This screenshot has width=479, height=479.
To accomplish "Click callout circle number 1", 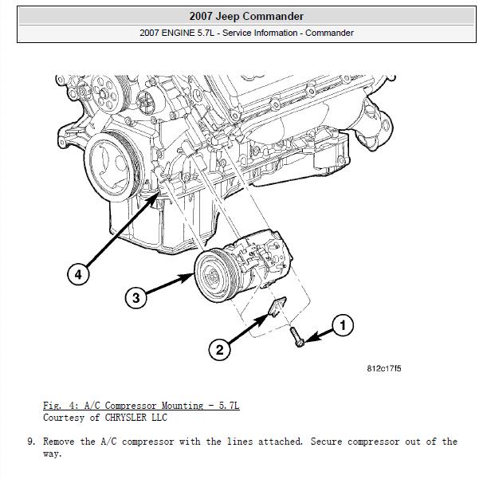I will pyautogui.click(x=343, y=325).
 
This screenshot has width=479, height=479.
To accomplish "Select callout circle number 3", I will pyautogui.click(x=136, y=298).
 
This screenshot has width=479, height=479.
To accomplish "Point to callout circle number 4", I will pyautogui.click(x=77, y=275).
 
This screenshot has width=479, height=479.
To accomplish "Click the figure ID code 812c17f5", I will pyautogui.click(x=384, y=368).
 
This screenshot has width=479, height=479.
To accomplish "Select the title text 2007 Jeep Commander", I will pyautogui.click(x=246, y=16).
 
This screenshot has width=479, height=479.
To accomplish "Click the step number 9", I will pyautogui.click(x=29, y=441).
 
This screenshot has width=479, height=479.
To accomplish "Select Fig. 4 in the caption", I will pyautogui.click(x=60, y=406).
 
